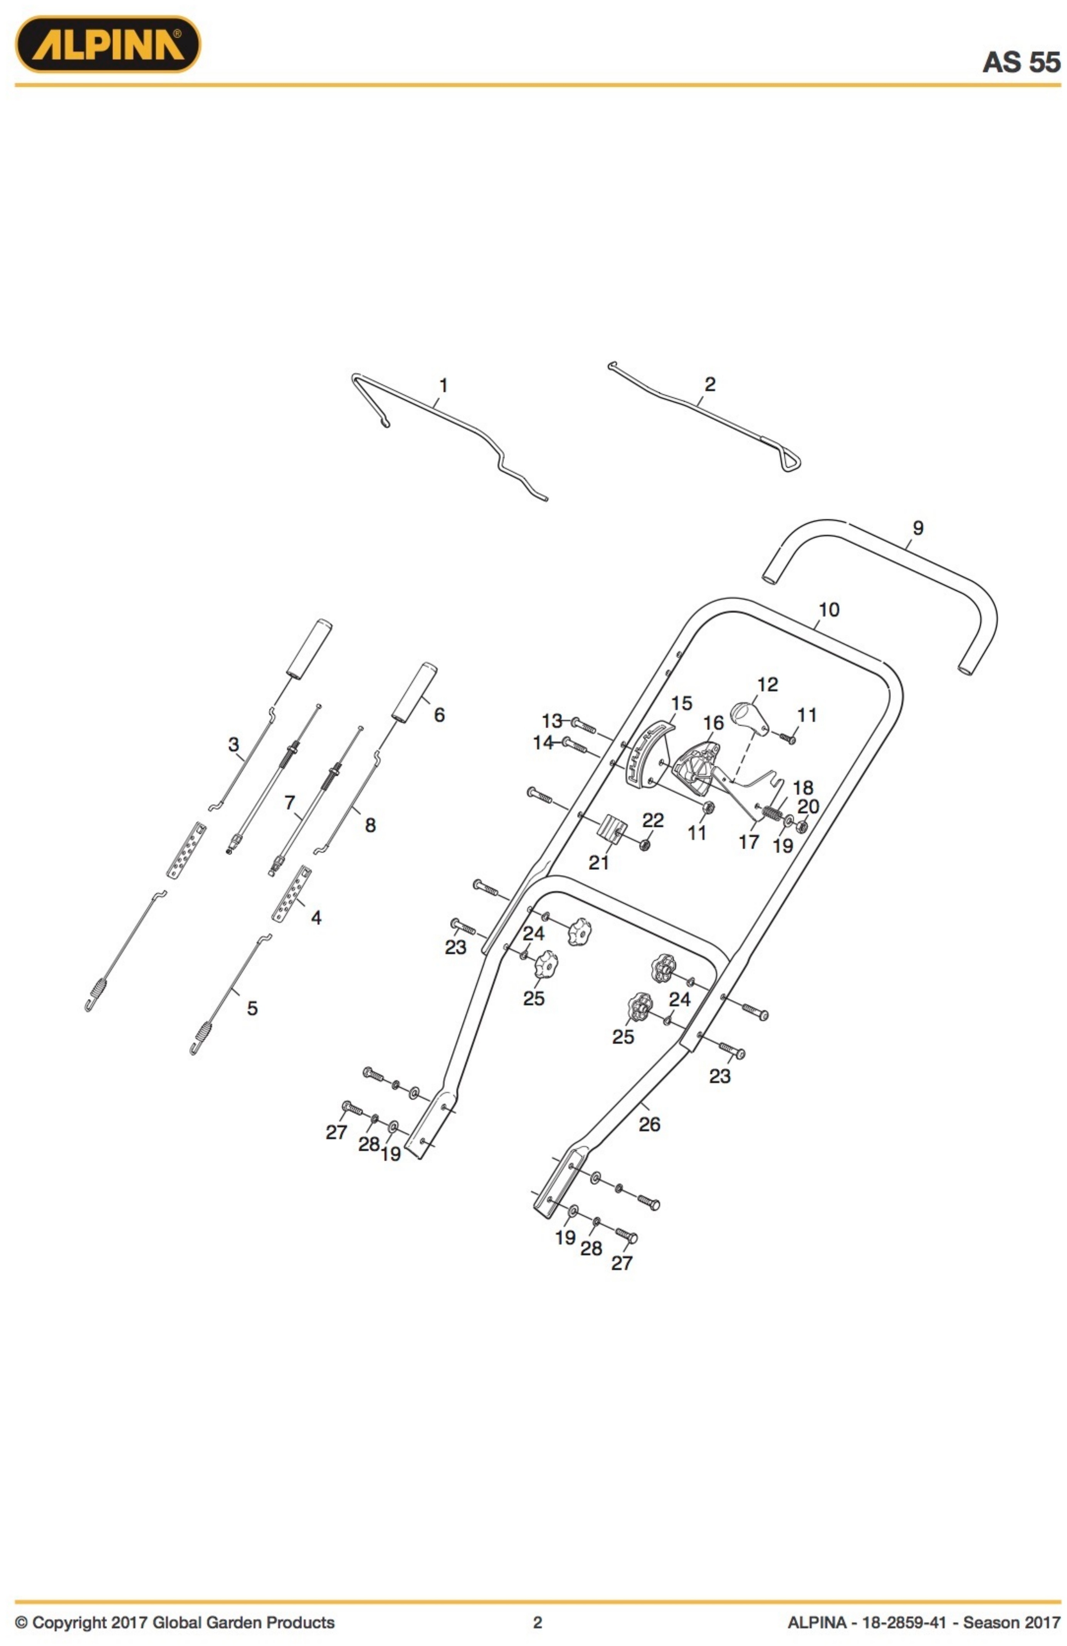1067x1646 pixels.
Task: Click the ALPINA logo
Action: click(108, 44)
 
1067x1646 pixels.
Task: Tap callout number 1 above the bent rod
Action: click(443, 385)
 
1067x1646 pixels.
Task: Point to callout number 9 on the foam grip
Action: click(917, 528)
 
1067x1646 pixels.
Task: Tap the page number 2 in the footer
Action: click(537, 1622)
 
